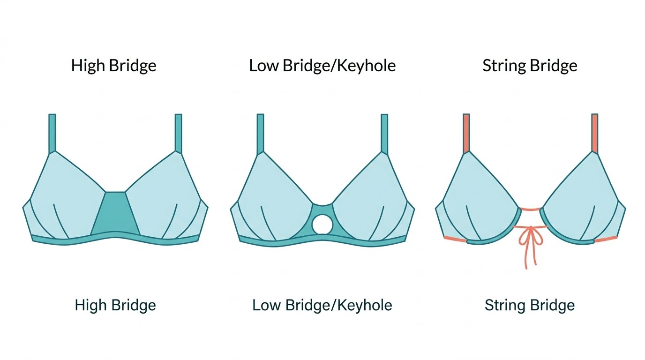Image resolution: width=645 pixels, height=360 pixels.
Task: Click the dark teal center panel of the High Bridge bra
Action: (x=115, y=213)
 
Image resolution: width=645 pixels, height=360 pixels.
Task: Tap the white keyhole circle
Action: (x=322, y=224)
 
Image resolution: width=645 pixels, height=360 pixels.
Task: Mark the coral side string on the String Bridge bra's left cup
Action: (x=455, y=240)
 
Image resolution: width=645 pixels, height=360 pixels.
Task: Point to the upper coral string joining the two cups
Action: (x=530, y=208)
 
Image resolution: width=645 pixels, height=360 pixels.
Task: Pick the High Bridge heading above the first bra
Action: (x=114, y=66)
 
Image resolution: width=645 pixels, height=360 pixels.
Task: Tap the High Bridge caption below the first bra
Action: (x=115, y=306)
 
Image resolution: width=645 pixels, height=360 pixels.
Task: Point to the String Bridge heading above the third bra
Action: (x=530, y=66)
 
